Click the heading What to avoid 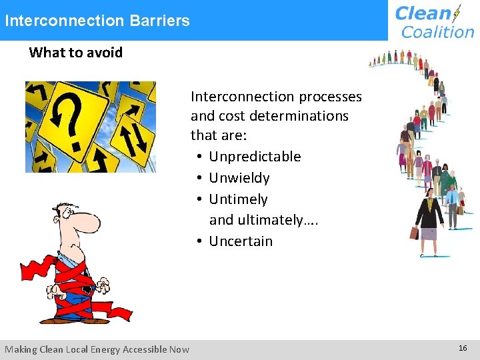76,53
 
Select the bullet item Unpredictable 255,157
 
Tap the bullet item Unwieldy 239,178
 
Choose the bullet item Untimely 238,199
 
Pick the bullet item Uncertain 241,241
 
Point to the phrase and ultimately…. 263,220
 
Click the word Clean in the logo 423,13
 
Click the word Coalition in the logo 437,31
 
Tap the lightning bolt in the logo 457,13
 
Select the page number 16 463,349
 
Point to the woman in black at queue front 429,214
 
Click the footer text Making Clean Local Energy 73,349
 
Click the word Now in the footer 179,349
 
